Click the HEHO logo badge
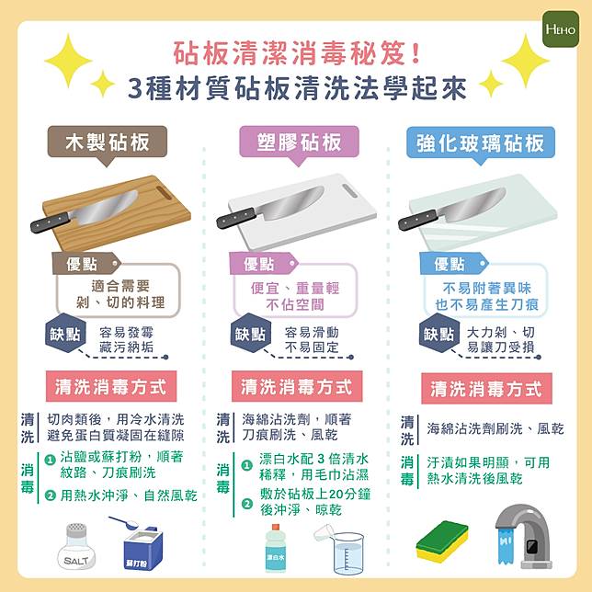(561, 28)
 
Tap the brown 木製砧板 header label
(108, 142)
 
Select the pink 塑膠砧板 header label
(299, 142)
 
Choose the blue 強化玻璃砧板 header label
(480, 143)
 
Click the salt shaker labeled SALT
(76, 546)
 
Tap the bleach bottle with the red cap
(276, 548)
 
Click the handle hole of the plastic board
(350, 190)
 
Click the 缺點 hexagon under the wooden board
(65, 333)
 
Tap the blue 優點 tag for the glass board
(453, 264)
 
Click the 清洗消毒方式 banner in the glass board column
(486, 389)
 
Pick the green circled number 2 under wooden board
(51, 495)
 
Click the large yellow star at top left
(68, 61)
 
